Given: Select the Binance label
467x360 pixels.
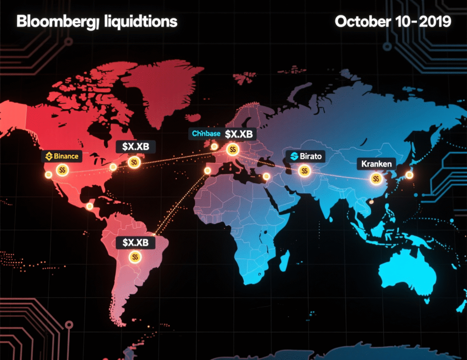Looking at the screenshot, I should pyautogui.click(x=61, y=156).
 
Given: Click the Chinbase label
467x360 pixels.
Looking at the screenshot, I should pyautogui.click(x=206, y=134).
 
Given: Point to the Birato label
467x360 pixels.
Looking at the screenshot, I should pyautogui.click(x=306, y=156).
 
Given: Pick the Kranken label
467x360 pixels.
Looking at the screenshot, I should pyautogui.click(x=376, y=164).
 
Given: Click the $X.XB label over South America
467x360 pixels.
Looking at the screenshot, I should pyautogui.click(x=135, y=242).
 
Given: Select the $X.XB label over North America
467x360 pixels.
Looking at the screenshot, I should pyautogui.click(x=135, y=147).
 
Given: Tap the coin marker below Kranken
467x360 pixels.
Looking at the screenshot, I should pyautogui.click(x=376, y=179).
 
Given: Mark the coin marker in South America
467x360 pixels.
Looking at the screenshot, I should pyautogui.click(x=135, y=257).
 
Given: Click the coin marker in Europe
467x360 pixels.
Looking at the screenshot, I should pyautogui.click(x=233, y=149).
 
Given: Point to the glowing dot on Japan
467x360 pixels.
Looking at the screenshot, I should pyautogui.click(x=409, y=175).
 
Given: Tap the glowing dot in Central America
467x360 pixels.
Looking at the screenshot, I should pyautogui.click(x=89, y=206).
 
